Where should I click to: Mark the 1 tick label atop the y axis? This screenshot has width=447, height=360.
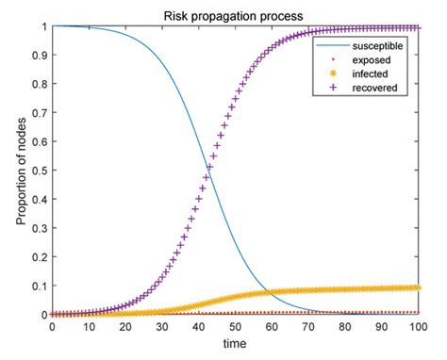coord(43,26)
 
